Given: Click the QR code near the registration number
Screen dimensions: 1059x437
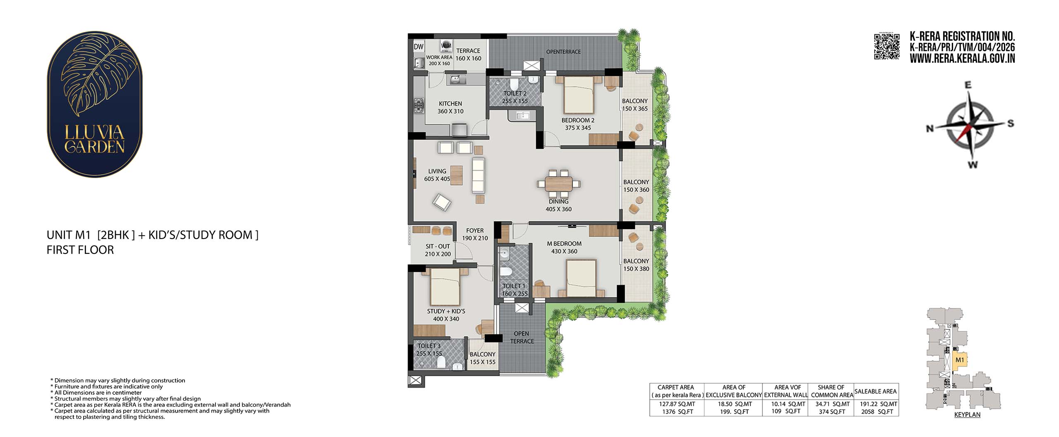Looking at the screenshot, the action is point(887,46).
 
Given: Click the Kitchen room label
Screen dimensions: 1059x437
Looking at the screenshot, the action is point(450,107).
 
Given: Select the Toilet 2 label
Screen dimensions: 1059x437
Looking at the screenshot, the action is point(515,97).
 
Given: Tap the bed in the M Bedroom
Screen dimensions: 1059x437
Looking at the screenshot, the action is point(581,278).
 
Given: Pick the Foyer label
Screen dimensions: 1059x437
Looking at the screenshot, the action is point(475,234).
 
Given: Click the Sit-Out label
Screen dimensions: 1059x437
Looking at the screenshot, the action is point(438,250).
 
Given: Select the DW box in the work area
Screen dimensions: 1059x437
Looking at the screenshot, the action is point(419,47).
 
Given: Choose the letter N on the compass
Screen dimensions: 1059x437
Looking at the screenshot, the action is point(930,129).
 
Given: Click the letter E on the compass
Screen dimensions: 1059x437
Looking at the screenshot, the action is point(968,85).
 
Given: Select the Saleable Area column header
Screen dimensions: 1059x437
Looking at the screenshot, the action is point(875,391).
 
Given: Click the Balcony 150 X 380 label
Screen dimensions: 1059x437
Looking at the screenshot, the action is point(636,265).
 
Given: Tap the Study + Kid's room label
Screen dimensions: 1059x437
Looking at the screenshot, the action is point(446,315).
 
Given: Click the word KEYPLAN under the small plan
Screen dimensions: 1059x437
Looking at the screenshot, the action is point(967,414).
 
